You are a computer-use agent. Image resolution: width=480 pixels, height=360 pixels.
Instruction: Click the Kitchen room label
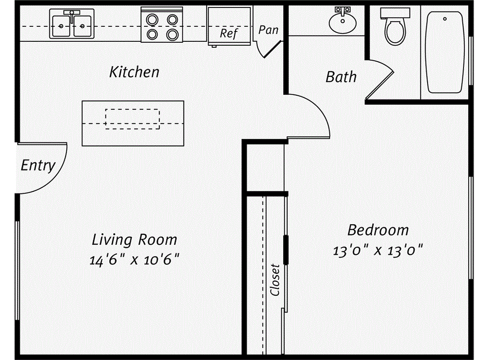point(134,72)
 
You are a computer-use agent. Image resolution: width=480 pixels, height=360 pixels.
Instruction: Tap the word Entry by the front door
point(38,165)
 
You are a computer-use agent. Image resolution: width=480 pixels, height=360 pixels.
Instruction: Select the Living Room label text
point(135,240)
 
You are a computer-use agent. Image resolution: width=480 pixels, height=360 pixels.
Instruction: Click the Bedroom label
point(378,230)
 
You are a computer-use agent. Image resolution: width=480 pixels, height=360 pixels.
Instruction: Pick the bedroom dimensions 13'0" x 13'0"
point(378,250)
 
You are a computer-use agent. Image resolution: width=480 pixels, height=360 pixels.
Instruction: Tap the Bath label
point(341,76)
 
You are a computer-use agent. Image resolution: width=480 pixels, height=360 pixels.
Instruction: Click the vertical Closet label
point(275,280)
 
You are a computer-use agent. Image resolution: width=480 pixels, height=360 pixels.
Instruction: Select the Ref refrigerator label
point(229,33)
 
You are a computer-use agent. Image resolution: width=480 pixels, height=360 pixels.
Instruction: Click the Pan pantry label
point(269,30)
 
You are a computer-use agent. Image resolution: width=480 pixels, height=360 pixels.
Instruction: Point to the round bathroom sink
point(343,22)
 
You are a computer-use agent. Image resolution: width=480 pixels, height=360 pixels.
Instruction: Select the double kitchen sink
point(72,24)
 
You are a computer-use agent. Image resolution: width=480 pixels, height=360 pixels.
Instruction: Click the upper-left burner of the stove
point(152,19)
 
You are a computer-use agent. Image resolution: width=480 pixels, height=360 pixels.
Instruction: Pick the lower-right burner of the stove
point(172,34)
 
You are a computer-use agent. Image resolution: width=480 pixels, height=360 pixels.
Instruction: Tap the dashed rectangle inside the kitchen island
point(133,119)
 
